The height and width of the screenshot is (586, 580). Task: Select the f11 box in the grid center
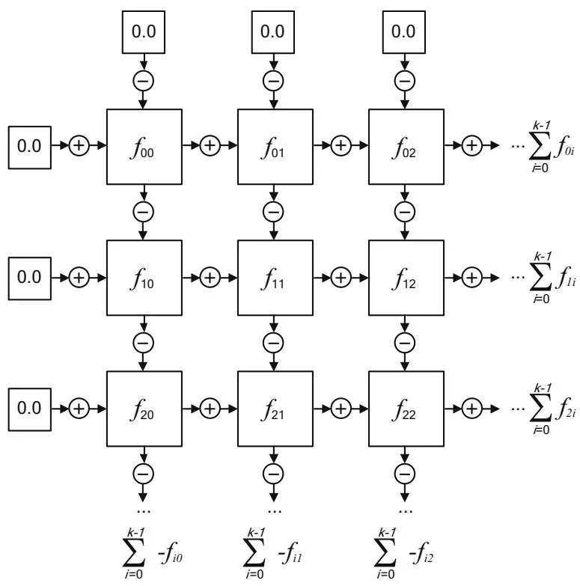275,277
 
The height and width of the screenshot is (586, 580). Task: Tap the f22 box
406,408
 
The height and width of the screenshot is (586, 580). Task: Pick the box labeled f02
406,146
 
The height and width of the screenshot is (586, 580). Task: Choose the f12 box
406,277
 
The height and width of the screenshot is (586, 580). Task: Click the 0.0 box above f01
275,32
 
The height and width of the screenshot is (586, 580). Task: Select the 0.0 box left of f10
30,277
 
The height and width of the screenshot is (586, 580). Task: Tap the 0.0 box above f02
406,32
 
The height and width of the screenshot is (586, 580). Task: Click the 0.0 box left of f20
30,408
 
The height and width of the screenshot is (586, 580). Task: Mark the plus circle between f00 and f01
210,146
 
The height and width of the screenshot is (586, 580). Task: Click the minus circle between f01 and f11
275,212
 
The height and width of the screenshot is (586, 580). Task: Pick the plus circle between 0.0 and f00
79,146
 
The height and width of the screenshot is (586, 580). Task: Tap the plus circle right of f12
471,277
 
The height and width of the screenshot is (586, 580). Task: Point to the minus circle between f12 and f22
406,343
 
